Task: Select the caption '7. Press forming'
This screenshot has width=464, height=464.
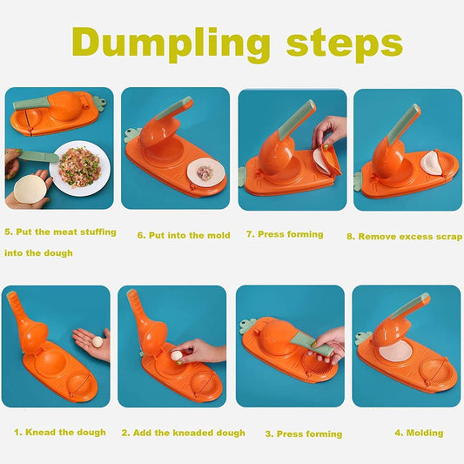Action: [284, 234]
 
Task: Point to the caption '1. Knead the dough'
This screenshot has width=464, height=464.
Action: [60, 432]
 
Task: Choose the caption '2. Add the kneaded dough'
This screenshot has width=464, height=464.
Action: [183, 433]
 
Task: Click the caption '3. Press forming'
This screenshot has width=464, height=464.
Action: [303, 434]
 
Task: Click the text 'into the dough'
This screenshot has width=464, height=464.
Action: [38, 253]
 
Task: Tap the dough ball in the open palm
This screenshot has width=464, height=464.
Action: [97, 342]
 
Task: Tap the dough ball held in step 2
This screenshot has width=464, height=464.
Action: [177, 355]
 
